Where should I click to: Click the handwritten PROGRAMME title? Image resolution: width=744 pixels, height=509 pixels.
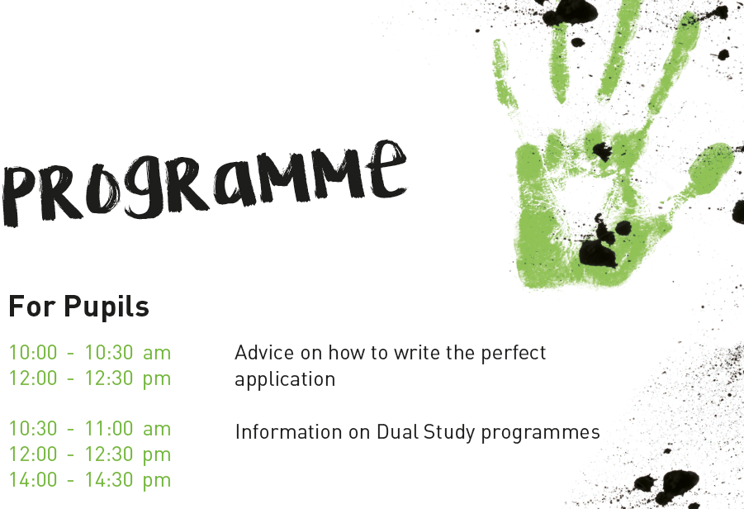coord(204,183)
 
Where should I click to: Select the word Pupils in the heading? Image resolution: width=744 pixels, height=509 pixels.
coord(107,307)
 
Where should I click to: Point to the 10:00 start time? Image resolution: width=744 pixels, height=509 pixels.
coord(33,353)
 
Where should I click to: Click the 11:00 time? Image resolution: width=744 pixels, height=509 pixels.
coord(109,429)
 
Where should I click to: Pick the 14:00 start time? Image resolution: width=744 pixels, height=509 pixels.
coord(33,480)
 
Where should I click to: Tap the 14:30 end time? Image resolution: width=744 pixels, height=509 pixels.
coord(109,480)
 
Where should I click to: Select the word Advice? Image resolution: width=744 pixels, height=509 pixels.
coord(264,353)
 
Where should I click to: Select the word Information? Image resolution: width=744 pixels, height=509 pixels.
coord(288,432)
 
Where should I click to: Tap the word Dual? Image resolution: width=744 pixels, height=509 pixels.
coord(398,432)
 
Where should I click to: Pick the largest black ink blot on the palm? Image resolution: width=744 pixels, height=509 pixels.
coord(598,252)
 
